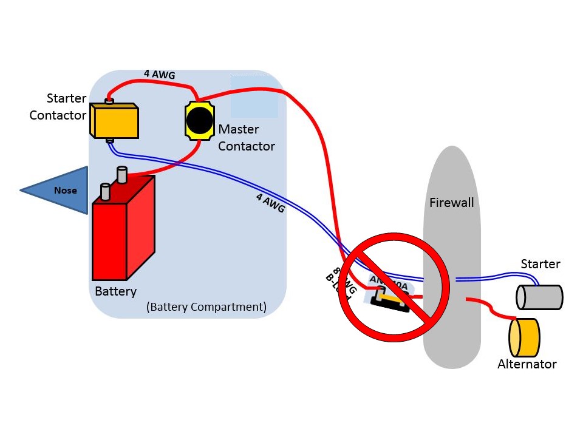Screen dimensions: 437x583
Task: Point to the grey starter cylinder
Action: tap(539, 297)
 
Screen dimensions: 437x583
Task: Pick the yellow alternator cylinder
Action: tap(525, 337)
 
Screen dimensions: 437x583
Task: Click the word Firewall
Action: tap(451, 203)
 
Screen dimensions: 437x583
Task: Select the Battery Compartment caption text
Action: tap(206, 307)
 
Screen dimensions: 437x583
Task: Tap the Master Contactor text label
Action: tap(246, 138)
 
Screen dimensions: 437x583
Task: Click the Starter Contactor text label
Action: tap(58, 107)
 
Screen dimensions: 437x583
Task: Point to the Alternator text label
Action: tap(527, 364)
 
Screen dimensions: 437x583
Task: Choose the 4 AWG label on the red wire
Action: tap(159, 75)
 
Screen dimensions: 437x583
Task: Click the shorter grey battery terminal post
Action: tap(104, 191)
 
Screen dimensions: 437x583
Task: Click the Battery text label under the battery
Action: tap(115, 291)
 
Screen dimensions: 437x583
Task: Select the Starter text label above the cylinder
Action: tap(540, 264)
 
